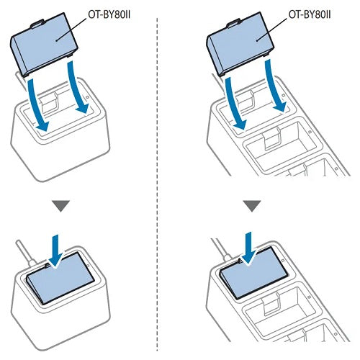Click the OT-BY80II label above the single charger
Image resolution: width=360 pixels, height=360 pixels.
click(x=109, y=15)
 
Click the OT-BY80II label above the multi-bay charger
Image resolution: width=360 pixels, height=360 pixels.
click(x=310, y=15)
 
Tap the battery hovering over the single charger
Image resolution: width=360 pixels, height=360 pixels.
click(x=44, y=45)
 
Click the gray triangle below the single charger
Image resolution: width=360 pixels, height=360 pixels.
click(x=61, y=206)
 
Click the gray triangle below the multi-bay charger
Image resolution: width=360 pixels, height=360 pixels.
click(x=252, y=206)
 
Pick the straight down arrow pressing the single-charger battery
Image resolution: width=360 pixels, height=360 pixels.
click(x=55, y=251)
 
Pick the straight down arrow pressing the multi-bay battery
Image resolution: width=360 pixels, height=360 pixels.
click(x=250, y=248)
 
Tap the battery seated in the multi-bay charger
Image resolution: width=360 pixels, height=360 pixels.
click(x=254, y=273)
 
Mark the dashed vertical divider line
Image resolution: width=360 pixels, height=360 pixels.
click(x=157, y=184)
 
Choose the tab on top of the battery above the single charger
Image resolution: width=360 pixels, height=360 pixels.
click(x=37, y=24)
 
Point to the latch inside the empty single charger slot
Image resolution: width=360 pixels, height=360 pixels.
click(x=50, y=102)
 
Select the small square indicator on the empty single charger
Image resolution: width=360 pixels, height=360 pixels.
click(x=88, y=97)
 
